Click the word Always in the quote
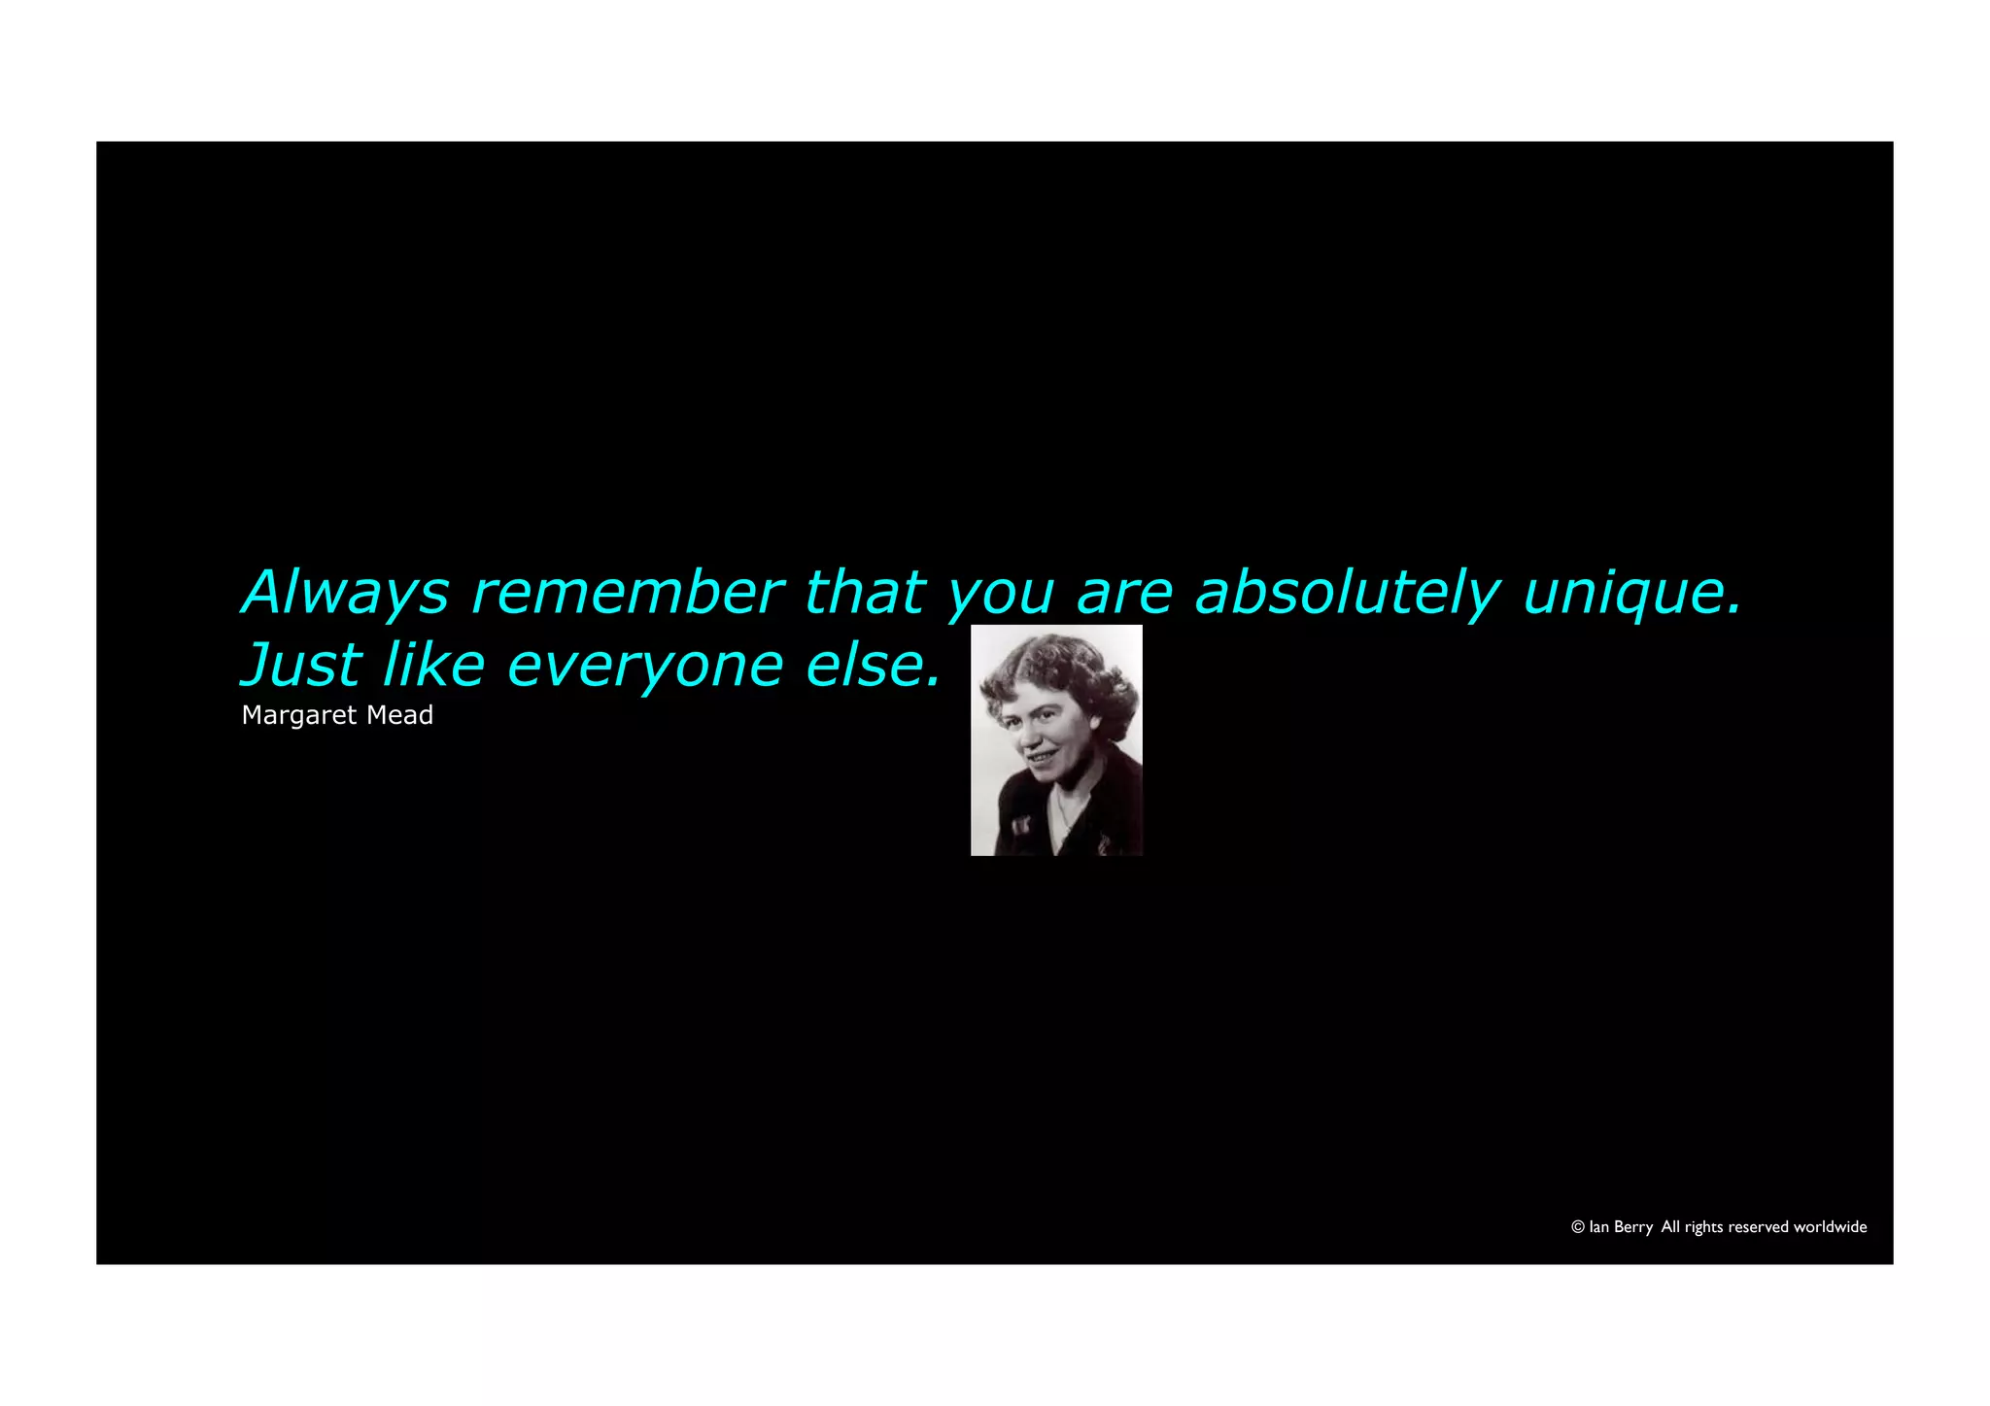tap(345, 592)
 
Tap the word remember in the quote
tap(627, 592)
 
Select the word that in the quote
tap(865, 592)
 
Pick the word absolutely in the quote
tap(1347, 592)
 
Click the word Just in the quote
tap(301, 665)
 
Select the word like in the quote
tap(433, 665)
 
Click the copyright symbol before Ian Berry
tap(1578, 1227)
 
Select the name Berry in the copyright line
tap(1633, 1227)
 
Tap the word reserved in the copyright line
tap(1758, 1227)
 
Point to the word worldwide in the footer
tap(1831, 1227)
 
